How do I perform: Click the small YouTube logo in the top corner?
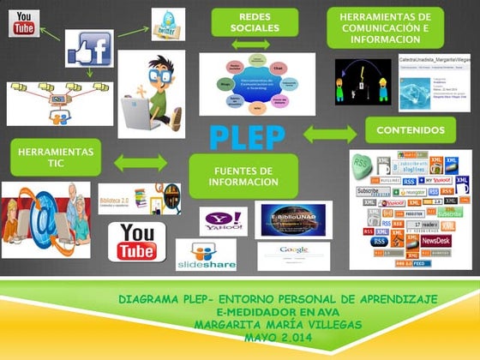click(x=25, y=23)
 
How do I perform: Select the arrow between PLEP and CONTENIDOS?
click(x=330, y=134)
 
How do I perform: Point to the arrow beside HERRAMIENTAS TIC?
click(x=141, y=162)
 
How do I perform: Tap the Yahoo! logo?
click(x=224, y=221)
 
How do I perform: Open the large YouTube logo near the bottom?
click(x=137, y=241)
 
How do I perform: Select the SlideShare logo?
click(x=206, y=255)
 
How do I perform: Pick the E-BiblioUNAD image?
click(x=293, y=219)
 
